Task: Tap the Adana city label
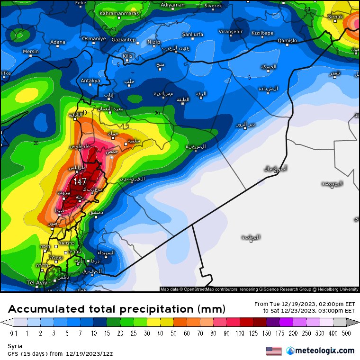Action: [58, 42]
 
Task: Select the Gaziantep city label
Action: [123, 40]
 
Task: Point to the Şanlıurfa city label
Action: [192, 35]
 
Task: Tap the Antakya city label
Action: [90, 81]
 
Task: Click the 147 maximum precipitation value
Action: [80, 181]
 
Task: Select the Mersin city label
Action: [31, 51]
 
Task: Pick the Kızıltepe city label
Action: [262, 33]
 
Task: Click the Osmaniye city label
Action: [94, 38]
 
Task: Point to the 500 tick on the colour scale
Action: [347, 333]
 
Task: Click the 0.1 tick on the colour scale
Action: [14, 333]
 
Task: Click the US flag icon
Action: [274, 351]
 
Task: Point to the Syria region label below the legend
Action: [15, 346]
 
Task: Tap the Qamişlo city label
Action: [287, 41]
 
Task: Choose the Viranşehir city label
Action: [230, 31]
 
